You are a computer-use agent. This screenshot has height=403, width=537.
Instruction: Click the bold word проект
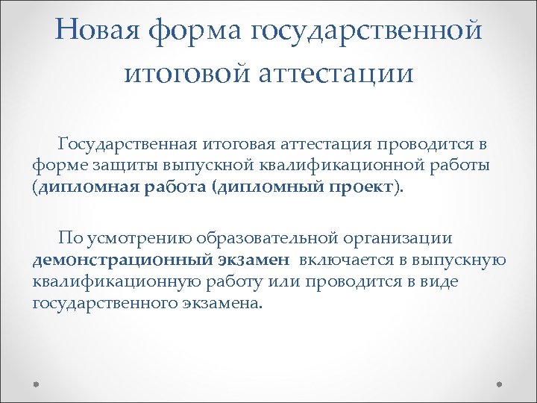pos(360,186)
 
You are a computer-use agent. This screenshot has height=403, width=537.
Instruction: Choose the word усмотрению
pos(139,239)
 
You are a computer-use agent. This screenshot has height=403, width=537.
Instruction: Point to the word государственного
pos(101,303)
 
